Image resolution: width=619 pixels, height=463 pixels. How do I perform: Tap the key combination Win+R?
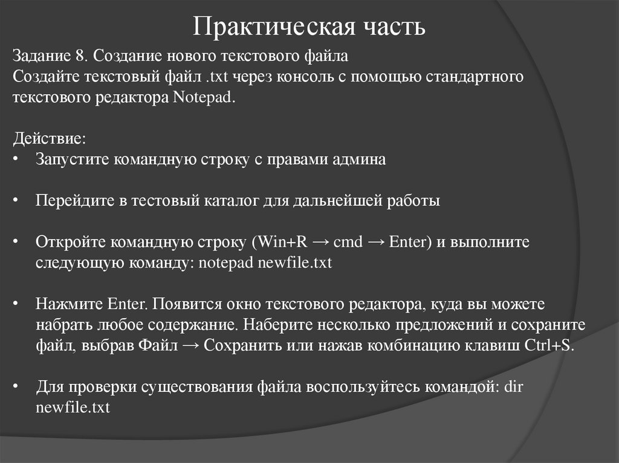pyautogui.click(x=283, y=242)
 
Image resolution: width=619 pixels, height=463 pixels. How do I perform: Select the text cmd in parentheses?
pyautogui.click(x=348, y=242)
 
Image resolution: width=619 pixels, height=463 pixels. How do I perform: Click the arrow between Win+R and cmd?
pyautogui.click(x=322, y=242)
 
